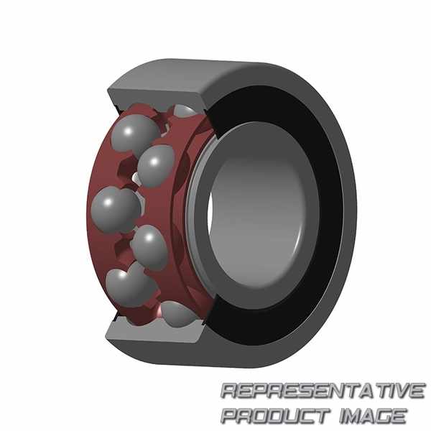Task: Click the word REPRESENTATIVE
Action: point(323,390)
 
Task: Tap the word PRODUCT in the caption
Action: point(276,415)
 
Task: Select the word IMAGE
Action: point(373,415)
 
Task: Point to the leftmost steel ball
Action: point(116,209)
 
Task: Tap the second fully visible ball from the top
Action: point(156,166)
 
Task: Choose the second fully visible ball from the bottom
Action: point(149,246)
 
